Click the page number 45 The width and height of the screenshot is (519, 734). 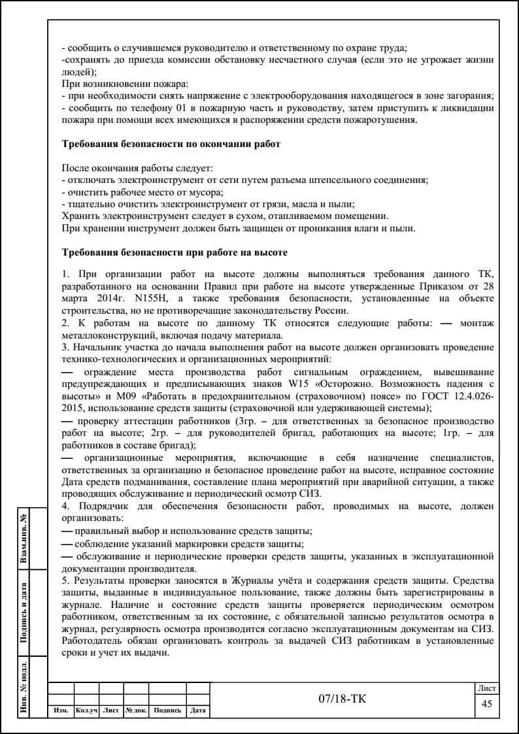[486, 704]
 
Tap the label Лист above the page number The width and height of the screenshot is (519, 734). [487, 688]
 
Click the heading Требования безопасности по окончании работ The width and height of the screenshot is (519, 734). [171, 144]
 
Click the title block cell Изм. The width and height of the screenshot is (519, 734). [61, 710]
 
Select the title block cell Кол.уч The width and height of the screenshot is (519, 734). [86, 710]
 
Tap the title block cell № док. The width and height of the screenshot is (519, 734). [137, 710]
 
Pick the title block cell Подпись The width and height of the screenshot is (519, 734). [167, 710]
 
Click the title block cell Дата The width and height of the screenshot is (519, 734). [198, 710]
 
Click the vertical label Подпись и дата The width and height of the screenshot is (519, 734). [24, 613]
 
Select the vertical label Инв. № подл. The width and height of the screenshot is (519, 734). [24, 687]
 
